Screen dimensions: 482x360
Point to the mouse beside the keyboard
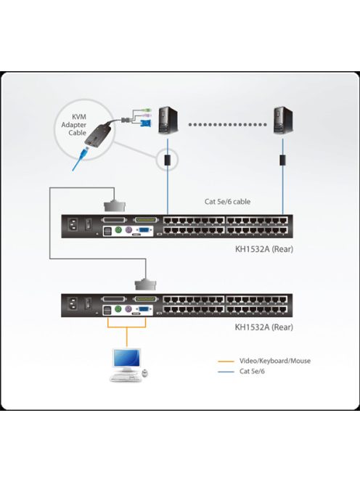pyautogui.click(x=144, y=373)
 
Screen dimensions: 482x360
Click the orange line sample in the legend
pyautogui.click(x=227, y=360)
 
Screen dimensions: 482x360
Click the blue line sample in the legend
pyautogui.click(x=227, y=372)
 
